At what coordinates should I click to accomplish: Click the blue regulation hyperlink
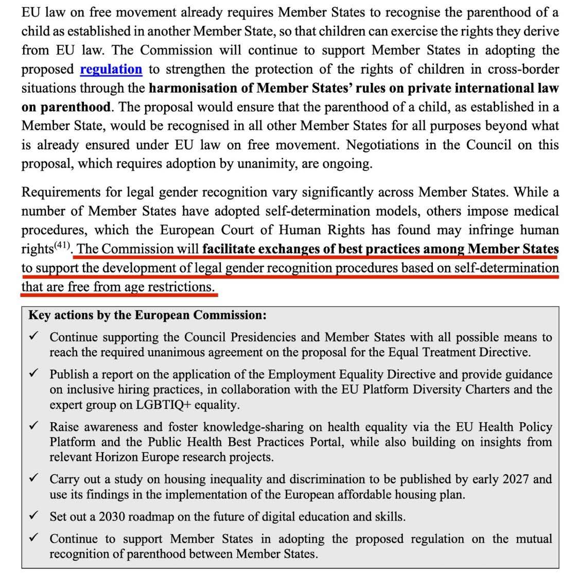(x=111, y=69)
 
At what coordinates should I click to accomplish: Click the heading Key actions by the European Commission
(x=147, y=315)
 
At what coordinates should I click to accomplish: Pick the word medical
(x=536, y=211)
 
